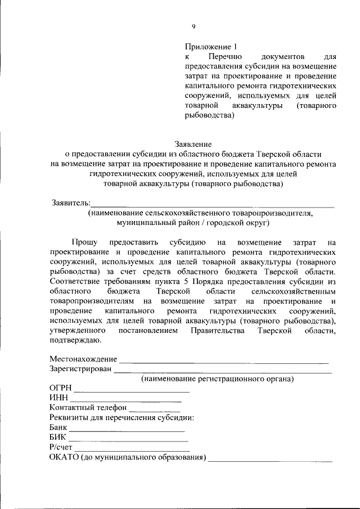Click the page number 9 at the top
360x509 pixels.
point(193,26)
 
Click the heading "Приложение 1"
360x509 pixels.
point(208,47)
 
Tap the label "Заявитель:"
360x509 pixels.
point(70,202)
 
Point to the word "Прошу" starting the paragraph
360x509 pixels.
point(84,242)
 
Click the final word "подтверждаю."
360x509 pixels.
point(75,340)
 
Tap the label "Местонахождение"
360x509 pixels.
point(83,359)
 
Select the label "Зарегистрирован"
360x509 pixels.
point(81,369)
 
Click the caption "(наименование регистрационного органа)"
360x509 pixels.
point(217,379)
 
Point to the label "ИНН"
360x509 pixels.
point(58,398)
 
